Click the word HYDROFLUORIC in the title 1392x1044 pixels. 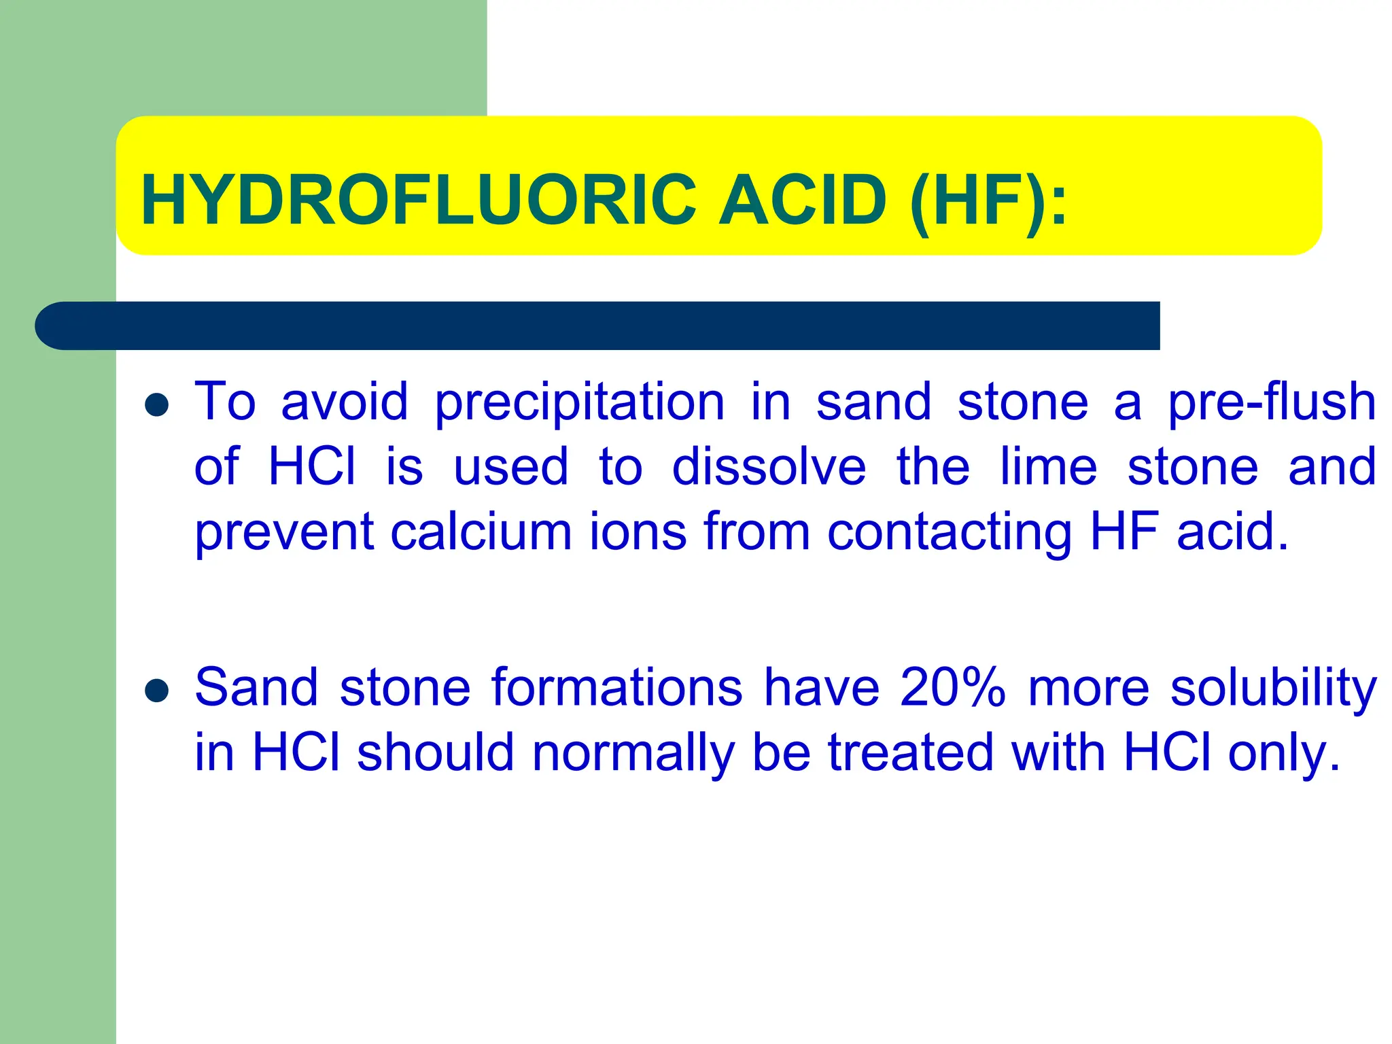click(419, 200)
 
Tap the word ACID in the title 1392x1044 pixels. click(803, 200)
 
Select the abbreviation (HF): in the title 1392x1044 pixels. click(989, 201)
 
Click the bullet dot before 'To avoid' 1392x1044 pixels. click(157, 406)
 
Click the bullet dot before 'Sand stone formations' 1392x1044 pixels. click(157, 691)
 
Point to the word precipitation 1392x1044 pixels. click(580, 403)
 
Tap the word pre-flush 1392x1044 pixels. click(1272, 402)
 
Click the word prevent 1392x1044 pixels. click(284, 533)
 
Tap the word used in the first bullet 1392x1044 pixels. click(510, 468)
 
